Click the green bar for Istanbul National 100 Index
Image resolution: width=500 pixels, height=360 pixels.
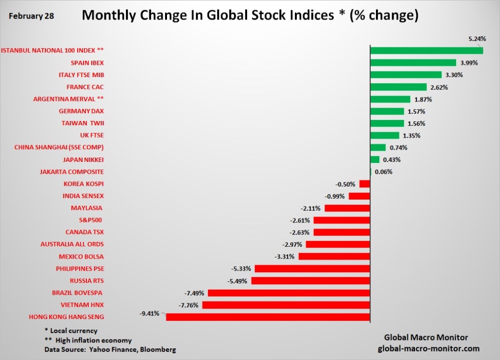coord(426,50)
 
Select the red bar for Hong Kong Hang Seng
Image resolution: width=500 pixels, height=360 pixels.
coord(268,317)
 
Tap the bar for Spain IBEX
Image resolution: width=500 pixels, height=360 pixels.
coord(413,62)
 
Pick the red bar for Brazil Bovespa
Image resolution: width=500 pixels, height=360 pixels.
coord(289,293)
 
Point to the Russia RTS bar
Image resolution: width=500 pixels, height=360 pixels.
coord(310,281)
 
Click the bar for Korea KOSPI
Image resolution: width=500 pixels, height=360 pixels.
coord(364,184)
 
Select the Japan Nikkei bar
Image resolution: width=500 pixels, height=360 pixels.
coord(375,160)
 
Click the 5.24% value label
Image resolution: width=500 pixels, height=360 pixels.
coord(477,39)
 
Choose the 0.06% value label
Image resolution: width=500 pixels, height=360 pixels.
coord(383,172)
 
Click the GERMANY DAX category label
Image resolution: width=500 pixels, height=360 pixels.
coord(81,111)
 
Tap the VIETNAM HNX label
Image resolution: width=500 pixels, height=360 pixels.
coord(78,305)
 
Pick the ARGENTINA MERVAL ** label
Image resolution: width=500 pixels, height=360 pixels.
coord(68,99)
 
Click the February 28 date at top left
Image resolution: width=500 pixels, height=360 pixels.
coord(31,16)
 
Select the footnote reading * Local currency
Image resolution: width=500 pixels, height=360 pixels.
coord(71,331)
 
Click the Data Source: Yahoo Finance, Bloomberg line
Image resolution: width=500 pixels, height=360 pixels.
coord(110,350)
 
